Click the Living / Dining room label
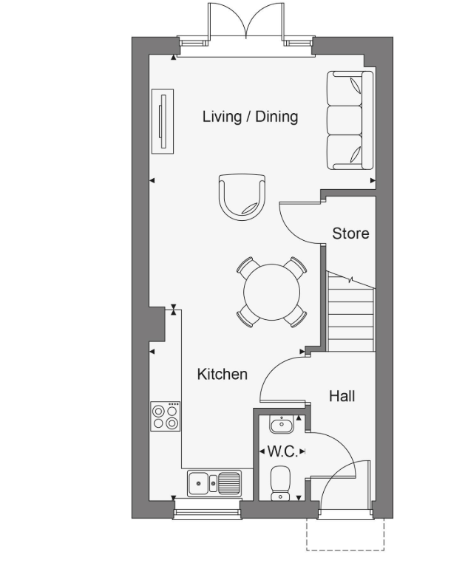pos(250,117)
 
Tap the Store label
pos(350,233)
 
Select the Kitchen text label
pos(222,375)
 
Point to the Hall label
pos(342,397)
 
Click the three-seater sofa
pos(350,122)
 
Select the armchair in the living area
pos(242,194)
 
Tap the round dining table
pos(271,292)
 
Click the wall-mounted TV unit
pos(163,121)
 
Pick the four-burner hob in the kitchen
pos(166,416)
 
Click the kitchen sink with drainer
pos(214,483)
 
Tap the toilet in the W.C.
pos(281,484)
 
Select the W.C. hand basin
pos(281,425)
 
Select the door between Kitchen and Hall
pos(281,373)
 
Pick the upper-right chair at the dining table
pos(297,265)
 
